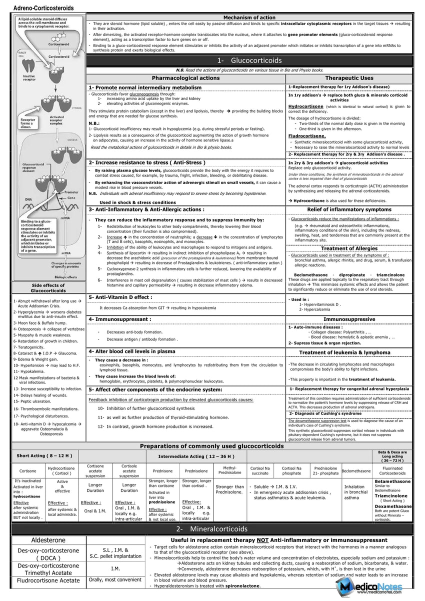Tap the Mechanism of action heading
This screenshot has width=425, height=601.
[x=249, y=17]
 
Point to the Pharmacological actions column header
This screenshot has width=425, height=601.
[x=185, y=78]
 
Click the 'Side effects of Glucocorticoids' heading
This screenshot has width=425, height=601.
[x=48, y=287]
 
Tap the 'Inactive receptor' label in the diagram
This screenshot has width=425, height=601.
[x=29, y=78]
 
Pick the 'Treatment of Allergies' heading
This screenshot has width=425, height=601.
[x=349, y=248]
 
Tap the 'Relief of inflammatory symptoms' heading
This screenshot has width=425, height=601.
[x=349, y=209]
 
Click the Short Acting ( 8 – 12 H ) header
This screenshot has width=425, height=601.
[x=44, y=455]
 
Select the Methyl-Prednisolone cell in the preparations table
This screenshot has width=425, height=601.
[x=229, y=470]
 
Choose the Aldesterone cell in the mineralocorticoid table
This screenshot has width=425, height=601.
[x=48, y=540]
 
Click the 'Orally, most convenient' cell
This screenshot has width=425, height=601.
[x=115, y=580]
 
